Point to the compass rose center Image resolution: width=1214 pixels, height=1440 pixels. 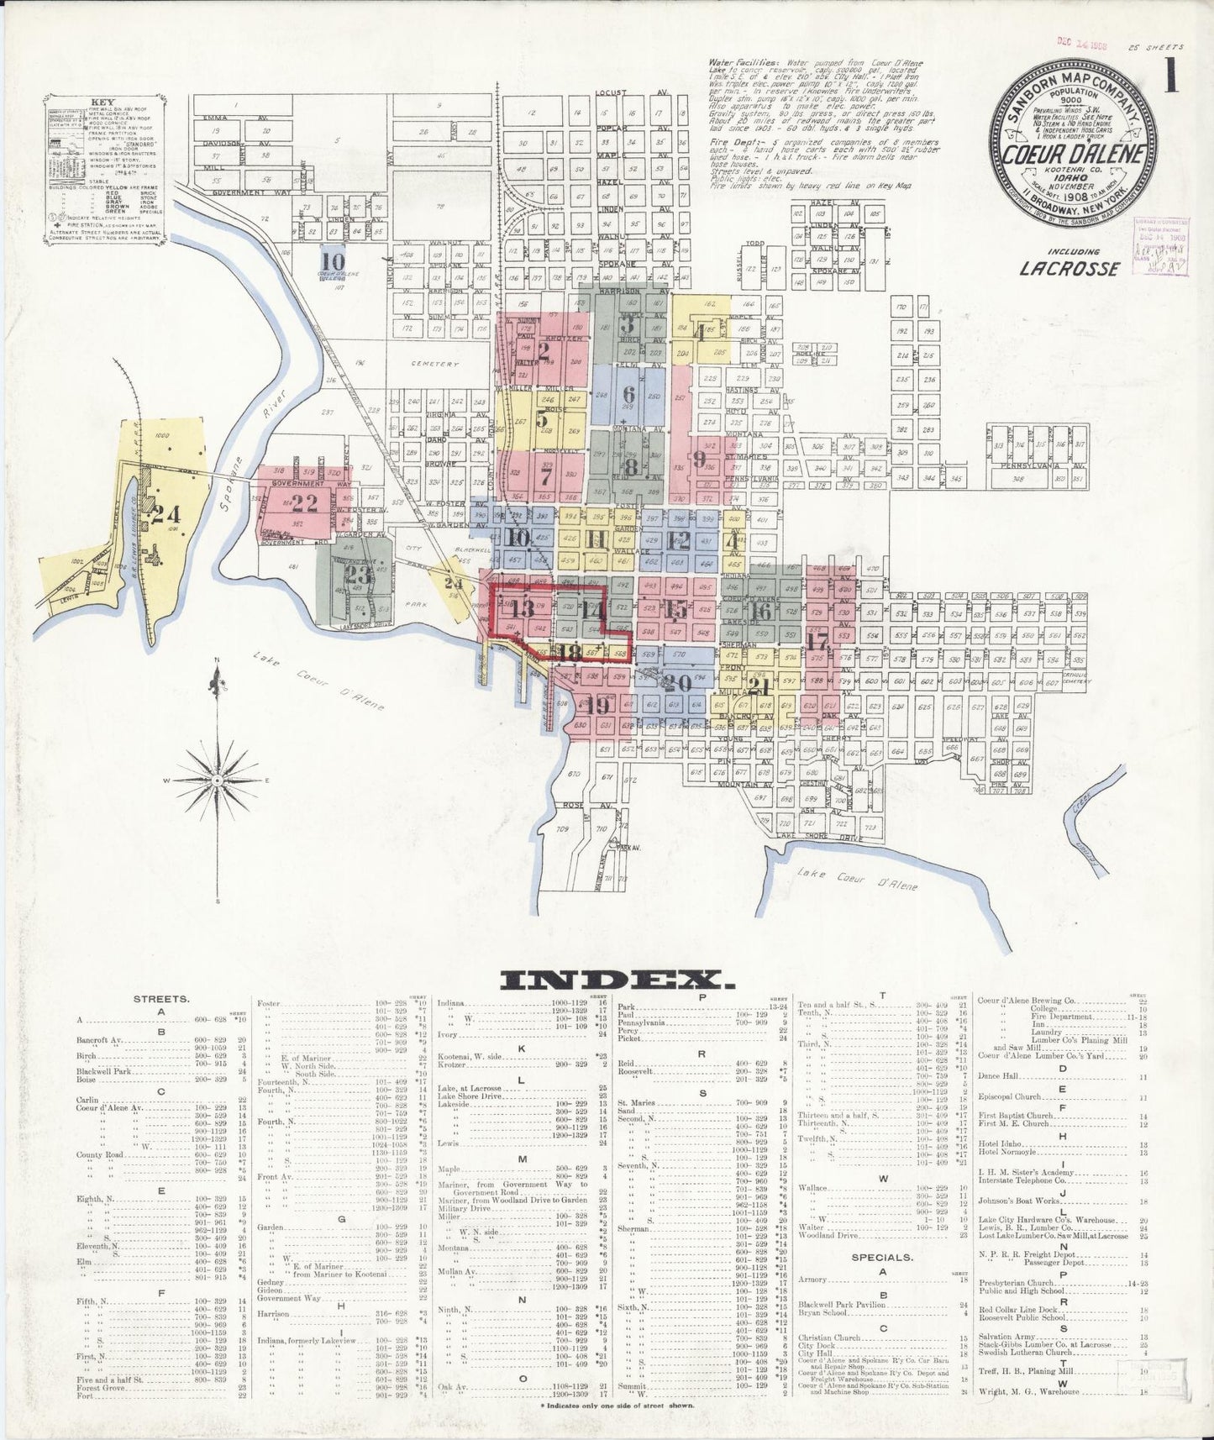coord(218,781)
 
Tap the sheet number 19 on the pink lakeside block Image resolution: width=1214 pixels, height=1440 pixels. coord(598,705)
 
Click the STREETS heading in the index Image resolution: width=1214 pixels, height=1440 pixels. coord(160,1000)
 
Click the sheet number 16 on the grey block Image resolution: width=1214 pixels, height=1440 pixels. coord(761,610)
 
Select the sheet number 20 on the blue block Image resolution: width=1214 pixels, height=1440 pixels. coord(675,681)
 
